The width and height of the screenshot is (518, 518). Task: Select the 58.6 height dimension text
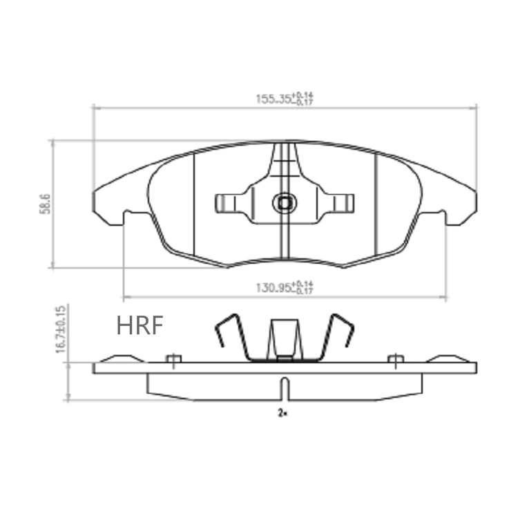point(44,204)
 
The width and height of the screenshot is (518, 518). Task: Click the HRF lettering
point(140,325)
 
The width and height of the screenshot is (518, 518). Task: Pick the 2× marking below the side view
point(282,413)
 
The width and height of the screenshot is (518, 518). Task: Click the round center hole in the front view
point(284,202)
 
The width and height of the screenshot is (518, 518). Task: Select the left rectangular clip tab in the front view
point(227,202)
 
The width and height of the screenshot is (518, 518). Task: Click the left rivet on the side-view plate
point(173,358)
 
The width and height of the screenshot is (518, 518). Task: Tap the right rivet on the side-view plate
point(395,358)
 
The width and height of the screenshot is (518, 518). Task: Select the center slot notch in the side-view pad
point(284,388)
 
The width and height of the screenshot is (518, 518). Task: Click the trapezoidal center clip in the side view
point(284,339)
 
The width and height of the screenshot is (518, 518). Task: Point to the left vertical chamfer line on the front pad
point(195,204)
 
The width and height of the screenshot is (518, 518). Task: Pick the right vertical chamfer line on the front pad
point(375,204)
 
